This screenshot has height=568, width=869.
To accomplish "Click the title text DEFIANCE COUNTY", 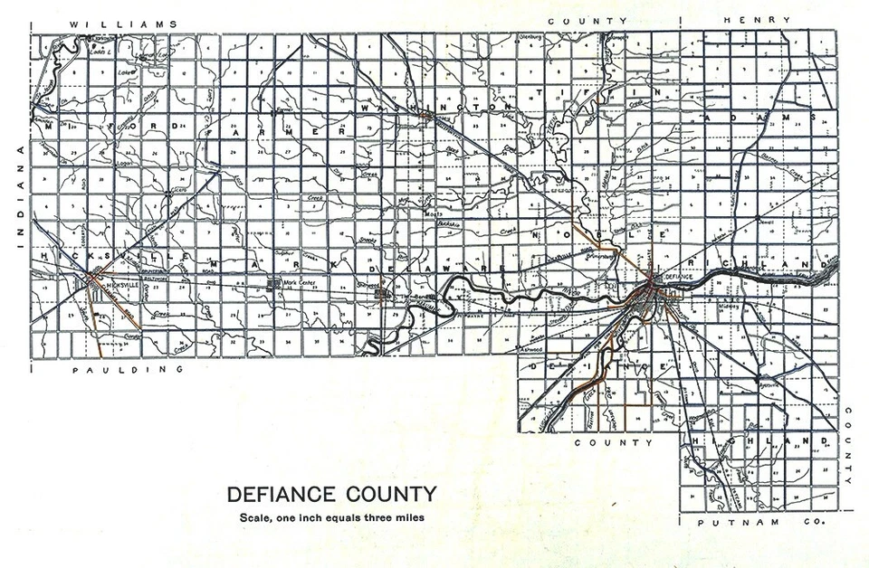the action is click(330, 495).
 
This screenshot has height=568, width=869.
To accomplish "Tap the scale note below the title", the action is click(330, 517).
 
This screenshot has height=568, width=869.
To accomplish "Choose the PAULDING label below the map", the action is click(128, 370).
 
